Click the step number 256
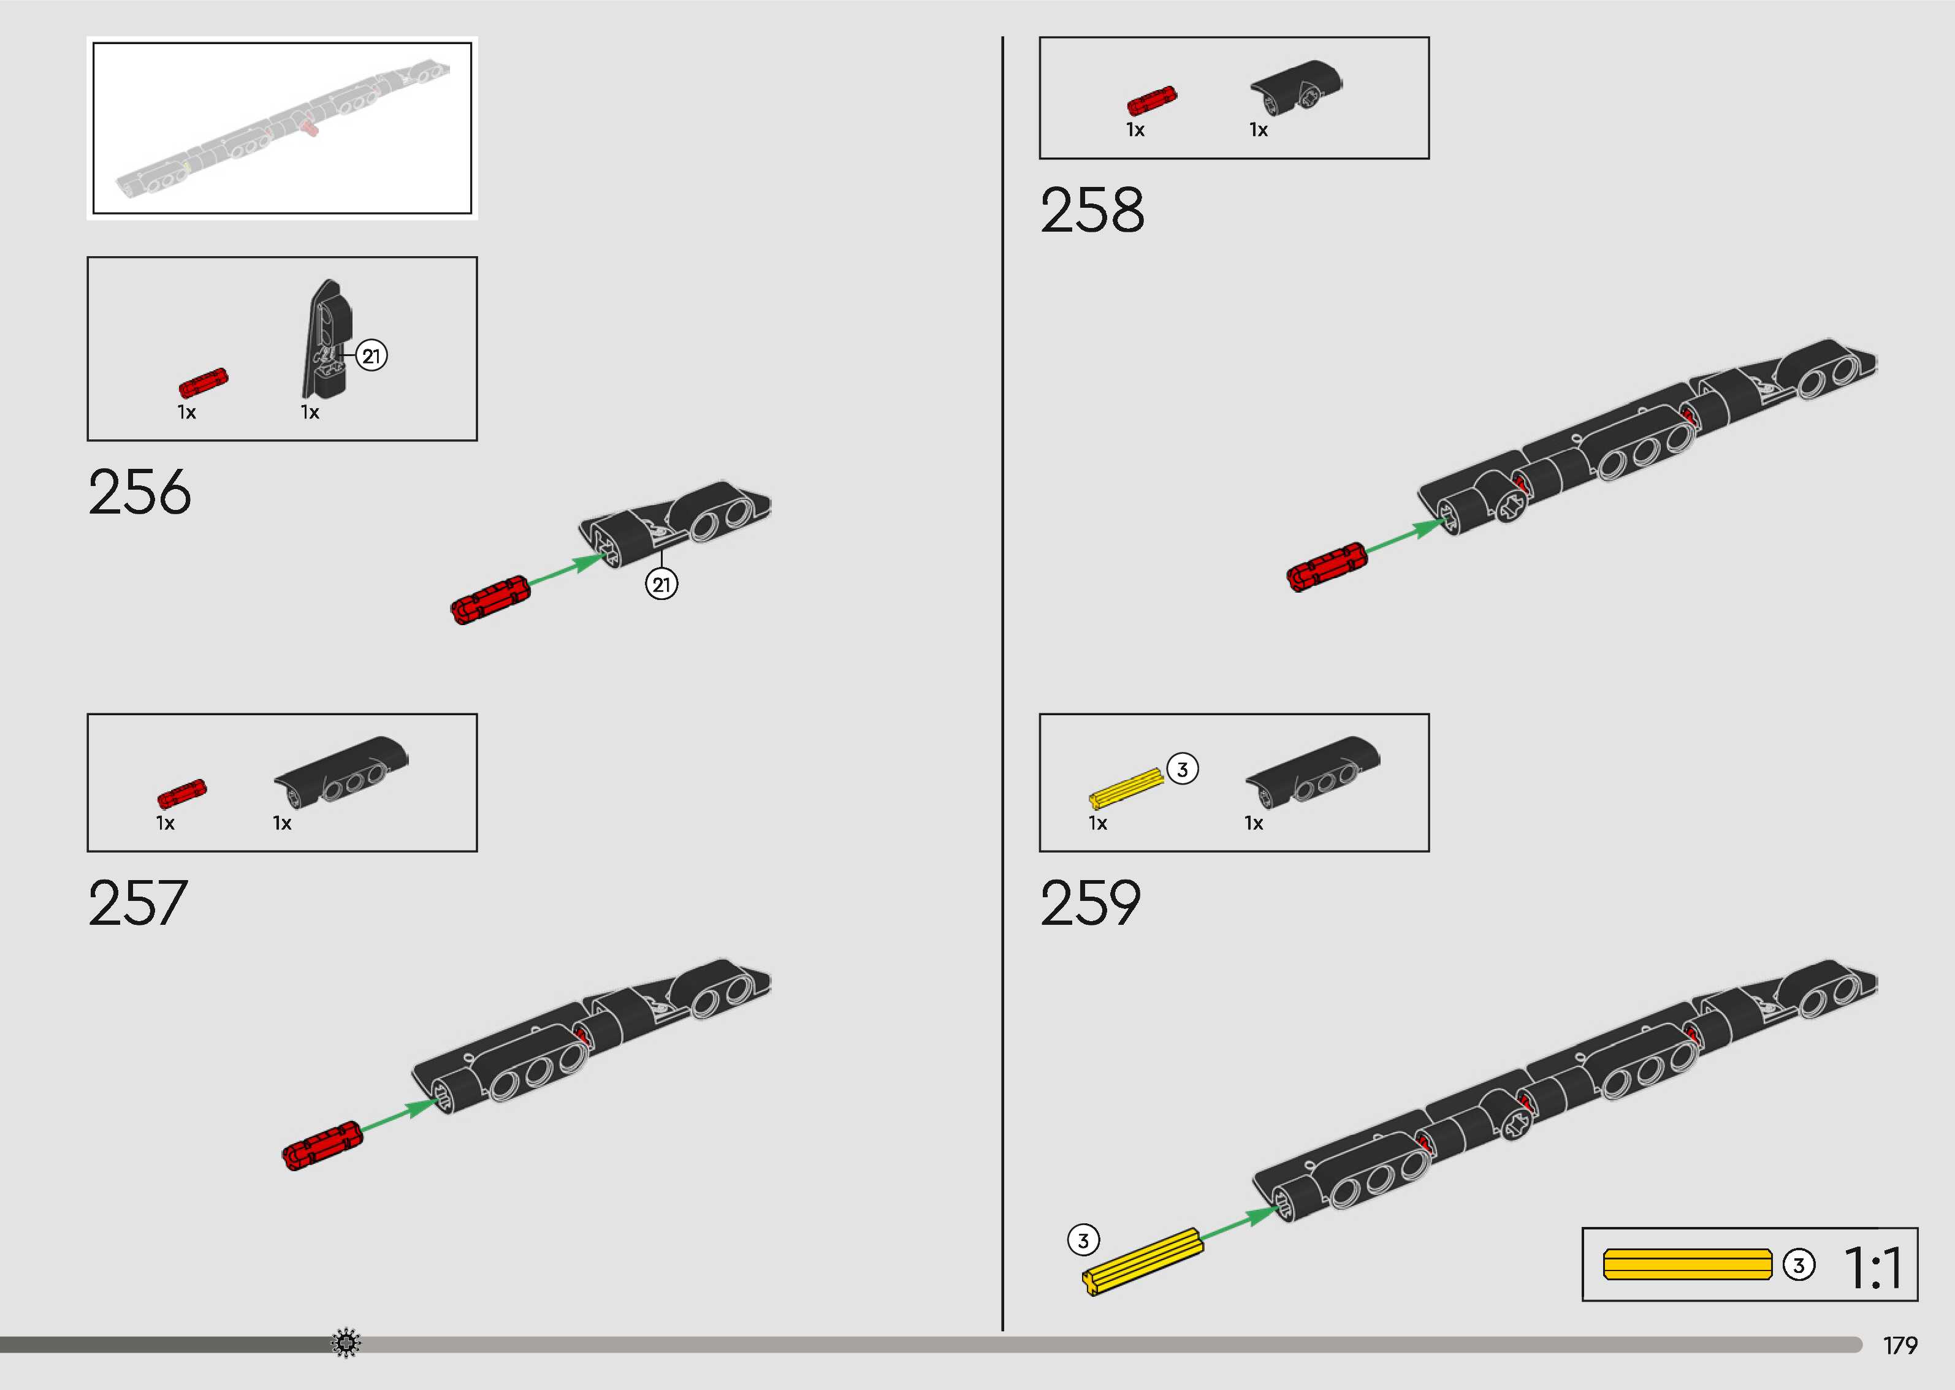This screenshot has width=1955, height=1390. pyautogui.click(x=140, y=492)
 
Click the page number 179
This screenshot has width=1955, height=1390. pyautogui.click(x=1899, y=1345)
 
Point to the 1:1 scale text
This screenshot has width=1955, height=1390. pyautogui.click(x=1873, y=1267)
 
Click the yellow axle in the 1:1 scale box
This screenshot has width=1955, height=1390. pyautogui.click(x=1686, y=1264)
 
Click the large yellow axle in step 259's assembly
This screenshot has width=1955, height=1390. pyautogui.click(x=1142, y=1262)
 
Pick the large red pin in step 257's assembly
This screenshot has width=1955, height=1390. pyautogui.click(x=322, y=1145)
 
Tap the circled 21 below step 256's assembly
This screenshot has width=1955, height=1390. pyautogui.click(x=661, y=585)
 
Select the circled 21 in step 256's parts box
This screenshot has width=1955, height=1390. pyautogui.click(x=371, y=356)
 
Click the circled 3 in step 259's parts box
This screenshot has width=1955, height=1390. pyautogui.click(x=1182, y=769)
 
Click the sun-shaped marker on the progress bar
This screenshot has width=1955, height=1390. pyautogui.click(x=346, y=1343)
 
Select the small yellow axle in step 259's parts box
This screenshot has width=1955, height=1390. pyautogui.click(x=1126, y=788)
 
